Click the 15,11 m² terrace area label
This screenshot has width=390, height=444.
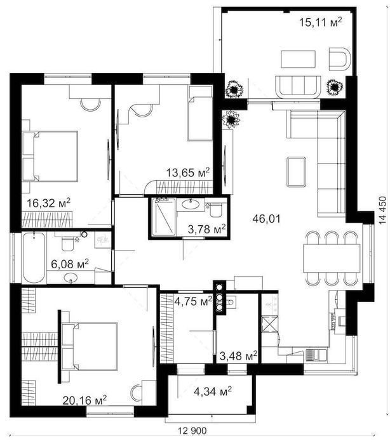pyautogui.click(x=321, y=22)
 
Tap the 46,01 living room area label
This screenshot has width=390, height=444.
pyautogui.click(x=266, y=219)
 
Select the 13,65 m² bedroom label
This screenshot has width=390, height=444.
pyautogui.click(x=188, y=172)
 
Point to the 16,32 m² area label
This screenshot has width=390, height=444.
pyautogui.click(x=48, y=203)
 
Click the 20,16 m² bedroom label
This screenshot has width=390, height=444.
pyautogui.click(x=84, y=400)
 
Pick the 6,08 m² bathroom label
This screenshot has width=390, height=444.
pyautogui.click(x=70, y=264)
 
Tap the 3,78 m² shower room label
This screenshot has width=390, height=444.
pyautogui.click(x=207, y=229)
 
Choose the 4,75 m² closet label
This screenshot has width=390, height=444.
pyautogui.click(x=193, y=301)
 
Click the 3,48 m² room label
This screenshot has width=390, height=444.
pyautogui.click(x=239, y=356)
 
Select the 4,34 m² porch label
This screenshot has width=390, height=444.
pyautogui.click(x=213, y=391)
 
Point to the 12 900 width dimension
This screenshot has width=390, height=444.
pyautogui.click(x=192, y=431)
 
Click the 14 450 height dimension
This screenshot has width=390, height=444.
pyautogui.click(x=382, y=211)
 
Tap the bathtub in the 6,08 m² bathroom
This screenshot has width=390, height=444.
pyautogui.click(x=34, y=258)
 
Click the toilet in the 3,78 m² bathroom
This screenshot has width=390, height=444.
pyautogui.click(x=216, y=209)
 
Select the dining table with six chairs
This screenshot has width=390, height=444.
pyautogui.click(x=332, y=258)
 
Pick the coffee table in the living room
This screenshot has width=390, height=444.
pyautogui.click(x=296, y=172)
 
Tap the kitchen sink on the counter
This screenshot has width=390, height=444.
pyautogui.click(x=316, y=355)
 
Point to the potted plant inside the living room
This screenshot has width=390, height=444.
pyautogui.click(x=231, y=119)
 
